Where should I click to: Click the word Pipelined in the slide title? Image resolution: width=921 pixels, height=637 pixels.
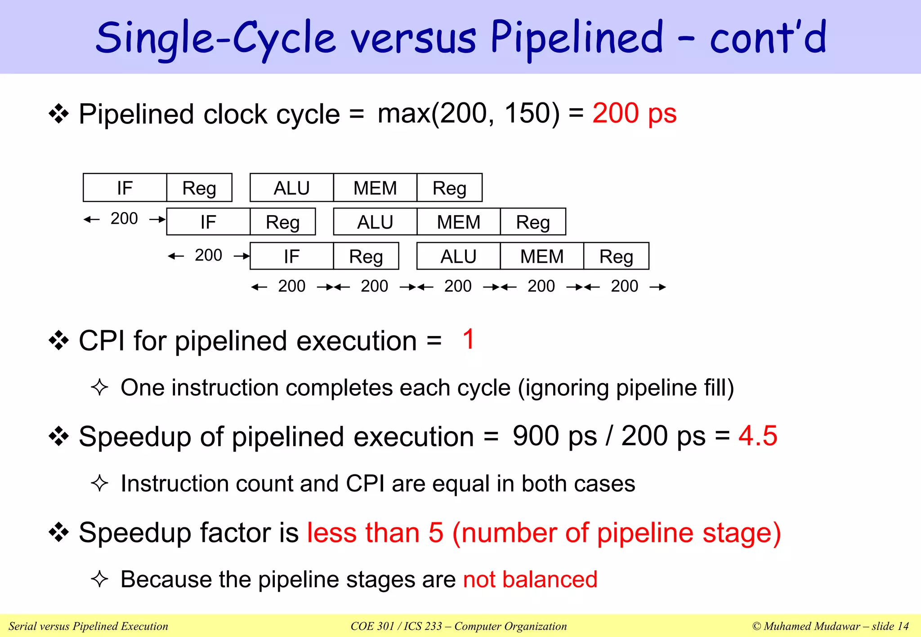click(577, 38)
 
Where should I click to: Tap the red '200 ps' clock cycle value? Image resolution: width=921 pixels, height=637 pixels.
click(634, 113)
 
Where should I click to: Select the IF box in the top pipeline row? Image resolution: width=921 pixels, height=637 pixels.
click(125, 188)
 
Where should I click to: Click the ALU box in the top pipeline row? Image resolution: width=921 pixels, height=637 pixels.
click(291, 188)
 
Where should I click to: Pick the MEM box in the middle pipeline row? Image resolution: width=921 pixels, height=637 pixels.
click(458, 222)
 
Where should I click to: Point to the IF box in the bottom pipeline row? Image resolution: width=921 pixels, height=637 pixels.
click(291, 256)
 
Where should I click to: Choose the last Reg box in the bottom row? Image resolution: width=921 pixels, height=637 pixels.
click(616, 256)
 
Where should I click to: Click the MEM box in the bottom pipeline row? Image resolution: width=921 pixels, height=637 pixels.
click(541, 256)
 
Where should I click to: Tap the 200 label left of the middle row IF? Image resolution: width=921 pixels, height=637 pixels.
click(124, 219)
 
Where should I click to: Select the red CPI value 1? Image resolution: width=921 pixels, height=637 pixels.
click(468, 339)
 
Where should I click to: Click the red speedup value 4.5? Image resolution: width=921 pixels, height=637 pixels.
click(758, 436)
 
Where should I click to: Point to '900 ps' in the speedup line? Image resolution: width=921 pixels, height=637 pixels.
click(554, 436)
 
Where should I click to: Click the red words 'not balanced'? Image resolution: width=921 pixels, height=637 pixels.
click(530, 579)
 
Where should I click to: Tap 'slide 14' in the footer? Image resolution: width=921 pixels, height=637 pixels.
click(890, 626)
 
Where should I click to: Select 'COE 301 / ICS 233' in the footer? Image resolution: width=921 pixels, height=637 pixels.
click(396, 626)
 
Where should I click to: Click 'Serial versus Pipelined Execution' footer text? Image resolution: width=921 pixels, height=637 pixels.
click(88, 626)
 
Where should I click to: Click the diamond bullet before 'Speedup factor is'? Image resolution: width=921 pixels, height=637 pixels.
click(58, 532)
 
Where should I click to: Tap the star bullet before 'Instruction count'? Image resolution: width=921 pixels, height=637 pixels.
click(99, 483)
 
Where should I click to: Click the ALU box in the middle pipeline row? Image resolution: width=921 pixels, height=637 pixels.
click(375, 222)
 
